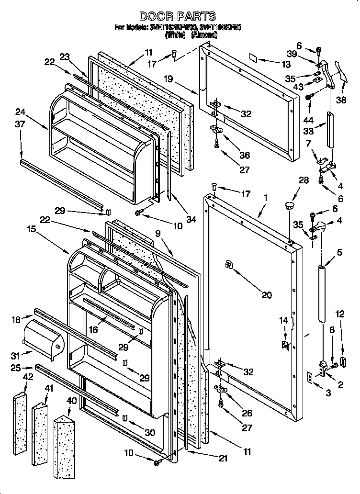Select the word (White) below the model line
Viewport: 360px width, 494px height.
[174, 35]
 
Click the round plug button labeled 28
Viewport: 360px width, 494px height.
[289, 205]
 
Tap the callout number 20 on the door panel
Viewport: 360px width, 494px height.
[267, 295]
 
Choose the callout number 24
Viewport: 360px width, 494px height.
[20, 112]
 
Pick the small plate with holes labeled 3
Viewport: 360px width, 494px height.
[310, 378]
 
